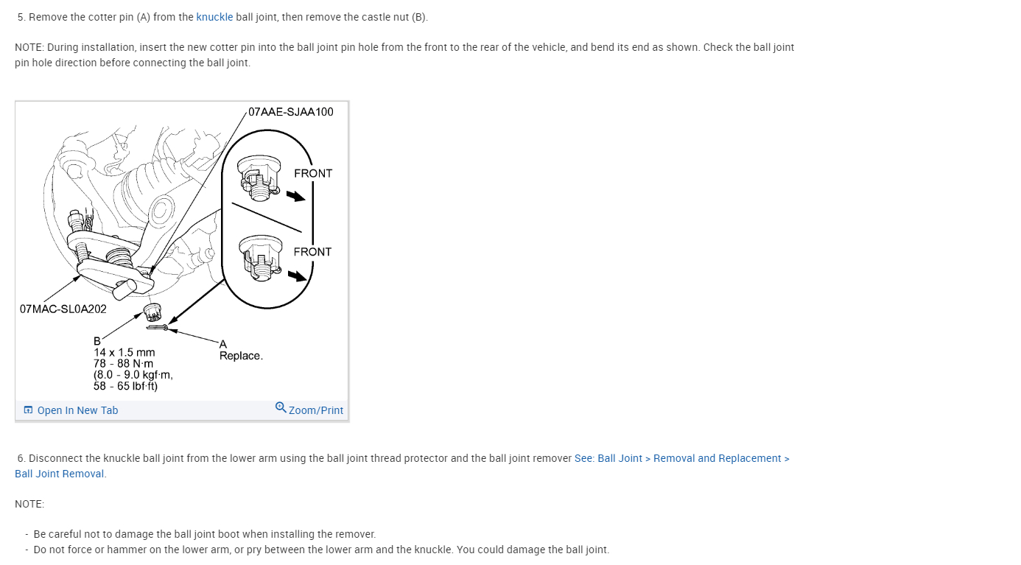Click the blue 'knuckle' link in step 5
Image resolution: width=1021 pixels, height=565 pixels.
click(x=214, y=17)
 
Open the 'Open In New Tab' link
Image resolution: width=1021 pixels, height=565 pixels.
click(x=77, y=410)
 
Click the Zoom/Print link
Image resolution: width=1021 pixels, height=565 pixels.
click(x=316, y=410)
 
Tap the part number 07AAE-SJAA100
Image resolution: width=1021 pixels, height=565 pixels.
click(x=291, y=112)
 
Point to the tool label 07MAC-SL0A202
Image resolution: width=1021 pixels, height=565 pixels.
click(x=63, y=309)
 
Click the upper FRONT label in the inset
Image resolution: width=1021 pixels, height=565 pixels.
click(x=313, y=173)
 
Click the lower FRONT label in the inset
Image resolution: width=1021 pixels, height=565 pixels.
click(x=312, y=252)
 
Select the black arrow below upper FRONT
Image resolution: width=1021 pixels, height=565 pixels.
click(x=295, y=196)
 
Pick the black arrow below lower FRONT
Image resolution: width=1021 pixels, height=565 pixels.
click(x=298, y=276)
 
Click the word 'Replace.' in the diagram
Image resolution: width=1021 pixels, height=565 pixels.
click(x=241, y=356)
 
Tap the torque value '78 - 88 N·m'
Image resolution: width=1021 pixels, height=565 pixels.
click(x=123, y=363)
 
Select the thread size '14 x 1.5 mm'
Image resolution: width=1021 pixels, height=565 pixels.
click(x=124, y=352)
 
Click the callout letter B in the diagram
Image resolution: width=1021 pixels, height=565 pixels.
click(x=97, y=341)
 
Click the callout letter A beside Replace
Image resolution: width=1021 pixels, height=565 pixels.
click(x=223, y=344)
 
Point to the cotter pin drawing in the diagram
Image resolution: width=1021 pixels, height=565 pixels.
click(x=157, y=327)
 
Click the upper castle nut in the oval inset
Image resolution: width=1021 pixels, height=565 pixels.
click(x=257, y=178)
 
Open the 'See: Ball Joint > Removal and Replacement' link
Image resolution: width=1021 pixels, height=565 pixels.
click(x=681, y=458)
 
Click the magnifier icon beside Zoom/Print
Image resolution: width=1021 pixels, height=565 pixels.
click(x=281, y=407)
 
